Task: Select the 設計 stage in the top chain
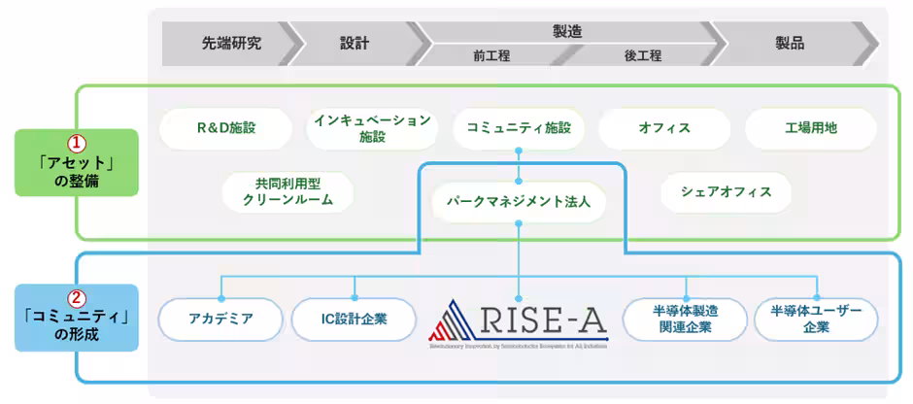(x=355, y=44)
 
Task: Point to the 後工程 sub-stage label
(x=642, y=56)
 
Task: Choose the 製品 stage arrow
(x=790, y=44)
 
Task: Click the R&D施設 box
(x=224, y=128)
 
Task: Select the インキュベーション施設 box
(x=372, y=128)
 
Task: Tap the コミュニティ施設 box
(x=519, y=128)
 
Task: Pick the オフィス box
(x=664, y=128)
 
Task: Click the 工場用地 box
(x=810, y=128)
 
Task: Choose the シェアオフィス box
(x=726, y=191)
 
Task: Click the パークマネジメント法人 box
(x=519, y=204)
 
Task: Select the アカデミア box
(x=221, y=319)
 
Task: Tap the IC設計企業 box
(x=354, y=319)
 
